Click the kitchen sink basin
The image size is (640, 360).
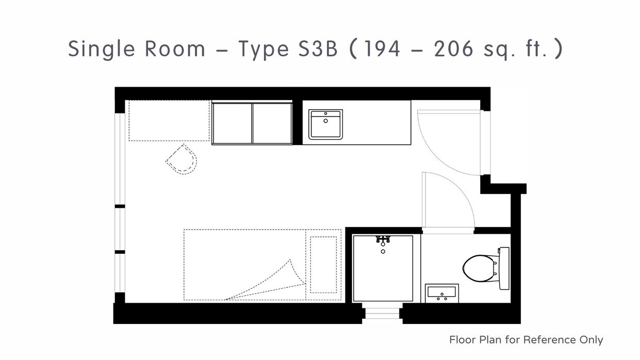tap(325, 124)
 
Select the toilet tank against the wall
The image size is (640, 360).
tap(504, 268)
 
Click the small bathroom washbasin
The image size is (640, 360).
tap(442, 293)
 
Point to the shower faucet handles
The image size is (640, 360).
tap(383, 239)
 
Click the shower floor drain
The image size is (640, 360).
tap(383, 251)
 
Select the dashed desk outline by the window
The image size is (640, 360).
tap(169, 121)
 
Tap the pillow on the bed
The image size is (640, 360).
tap(323, 265)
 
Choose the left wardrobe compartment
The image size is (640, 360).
tap(232, 123)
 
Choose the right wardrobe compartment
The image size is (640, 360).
tap(272, 123)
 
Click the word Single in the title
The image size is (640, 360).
tap(102, 50)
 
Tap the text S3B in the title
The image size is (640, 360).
tap(318, 48)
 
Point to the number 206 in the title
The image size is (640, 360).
tap(454, 48)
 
